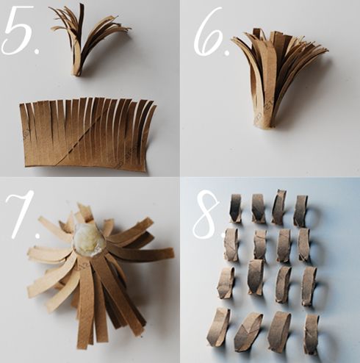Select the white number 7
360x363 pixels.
point(21,213)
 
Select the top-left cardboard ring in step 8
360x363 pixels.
point(236,208)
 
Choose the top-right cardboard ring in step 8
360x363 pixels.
point(300,211)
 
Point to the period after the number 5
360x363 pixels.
point(37,51)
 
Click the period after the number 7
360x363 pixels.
point(37,235)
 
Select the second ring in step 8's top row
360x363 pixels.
point(259,209)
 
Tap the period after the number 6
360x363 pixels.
point(226,52)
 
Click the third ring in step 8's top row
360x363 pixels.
point(279,207)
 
